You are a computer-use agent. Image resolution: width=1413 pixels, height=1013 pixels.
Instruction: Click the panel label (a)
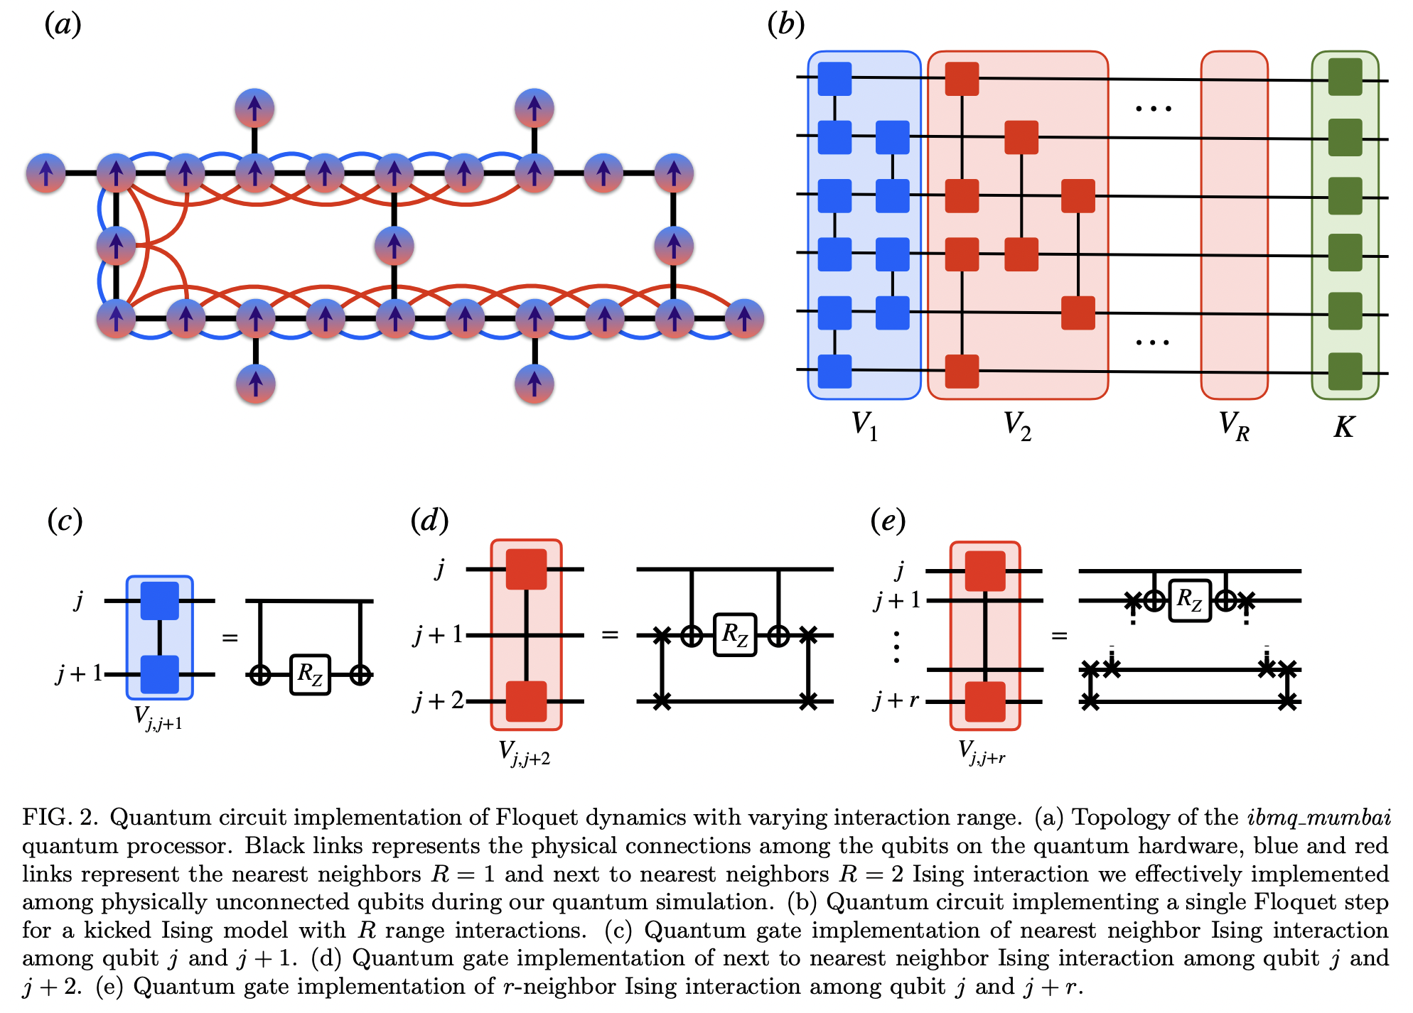63,25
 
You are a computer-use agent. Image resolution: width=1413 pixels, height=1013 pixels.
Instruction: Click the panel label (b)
785,25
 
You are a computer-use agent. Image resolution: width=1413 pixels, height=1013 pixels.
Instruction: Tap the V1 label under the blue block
864,426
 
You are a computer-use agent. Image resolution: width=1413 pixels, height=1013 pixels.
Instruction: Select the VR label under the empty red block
1233,426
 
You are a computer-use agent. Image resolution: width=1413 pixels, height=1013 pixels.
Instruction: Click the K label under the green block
1343,427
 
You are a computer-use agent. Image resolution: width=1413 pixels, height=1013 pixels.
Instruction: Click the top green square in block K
1345,77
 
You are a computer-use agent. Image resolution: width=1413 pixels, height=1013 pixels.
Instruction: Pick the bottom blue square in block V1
834,371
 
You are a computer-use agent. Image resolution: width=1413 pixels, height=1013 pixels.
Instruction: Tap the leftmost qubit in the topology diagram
45,173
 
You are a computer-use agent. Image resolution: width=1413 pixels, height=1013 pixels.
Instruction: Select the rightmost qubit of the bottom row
744,318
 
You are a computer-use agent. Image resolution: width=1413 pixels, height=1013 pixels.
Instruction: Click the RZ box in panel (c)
311,674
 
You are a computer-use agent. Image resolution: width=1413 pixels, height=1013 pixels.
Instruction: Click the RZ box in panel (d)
734,634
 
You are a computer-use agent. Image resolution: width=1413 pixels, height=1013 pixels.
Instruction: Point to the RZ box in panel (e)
1189,601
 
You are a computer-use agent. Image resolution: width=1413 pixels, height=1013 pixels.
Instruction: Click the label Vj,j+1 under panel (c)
158,718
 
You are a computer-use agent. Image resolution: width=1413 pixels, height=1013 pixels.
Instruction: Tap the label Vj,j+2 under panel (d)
524,753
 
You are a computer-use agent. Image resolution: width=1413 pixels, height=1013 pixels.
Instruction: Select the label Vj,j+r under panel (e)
982,752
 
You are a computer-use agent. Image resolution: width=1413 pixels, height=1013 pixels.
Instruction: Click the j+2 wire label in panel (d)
439,701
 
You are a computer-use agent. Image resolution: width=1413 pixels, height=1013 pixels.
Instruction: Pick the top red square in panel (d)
526,569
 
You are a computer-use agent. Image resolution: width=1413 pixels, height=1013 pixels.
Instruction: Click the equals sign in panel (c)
230,637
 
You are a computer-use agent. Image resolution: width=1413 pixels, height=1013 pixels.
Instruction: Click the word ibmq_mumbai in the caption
1318,818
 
